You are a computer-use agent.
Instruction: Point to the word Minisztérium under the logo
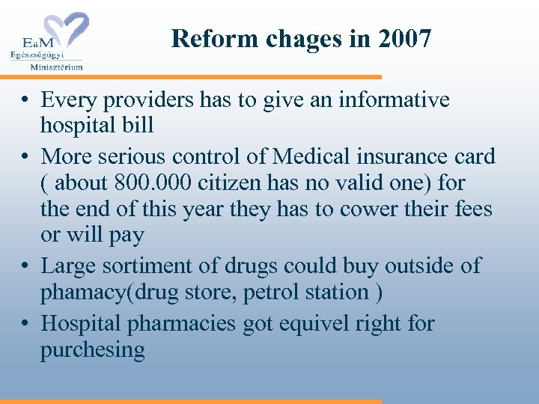point(56,66)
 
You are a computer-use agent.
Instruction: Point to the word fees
point(473,208)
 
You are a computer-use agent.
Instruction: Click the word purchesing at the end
point(93,349)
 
